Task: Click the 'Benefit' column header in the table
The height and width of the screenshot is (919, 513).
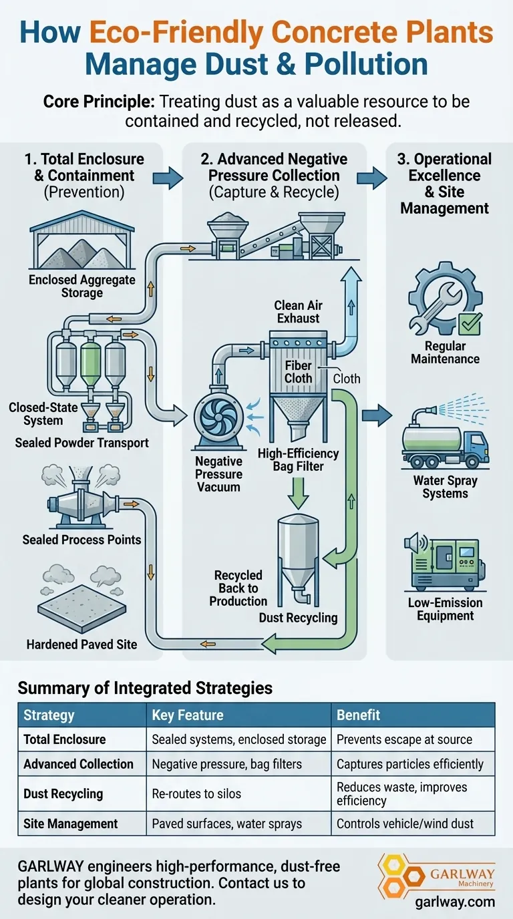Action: tap(358, 715)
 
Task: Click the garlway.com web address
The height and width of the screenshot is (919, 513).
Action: tap(455, 902)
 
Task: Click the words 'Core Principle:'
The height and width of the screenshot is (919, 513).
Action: tap(93, 102)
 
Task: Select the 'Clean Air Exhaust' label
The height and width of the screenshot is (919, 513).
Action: tap(298, 312)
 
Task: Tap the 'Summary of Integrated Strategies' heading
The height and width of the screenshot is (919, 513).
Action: tap(145, 687)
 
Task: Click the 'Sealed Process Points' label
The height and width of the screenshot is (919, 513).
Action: tap(81, 540)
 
